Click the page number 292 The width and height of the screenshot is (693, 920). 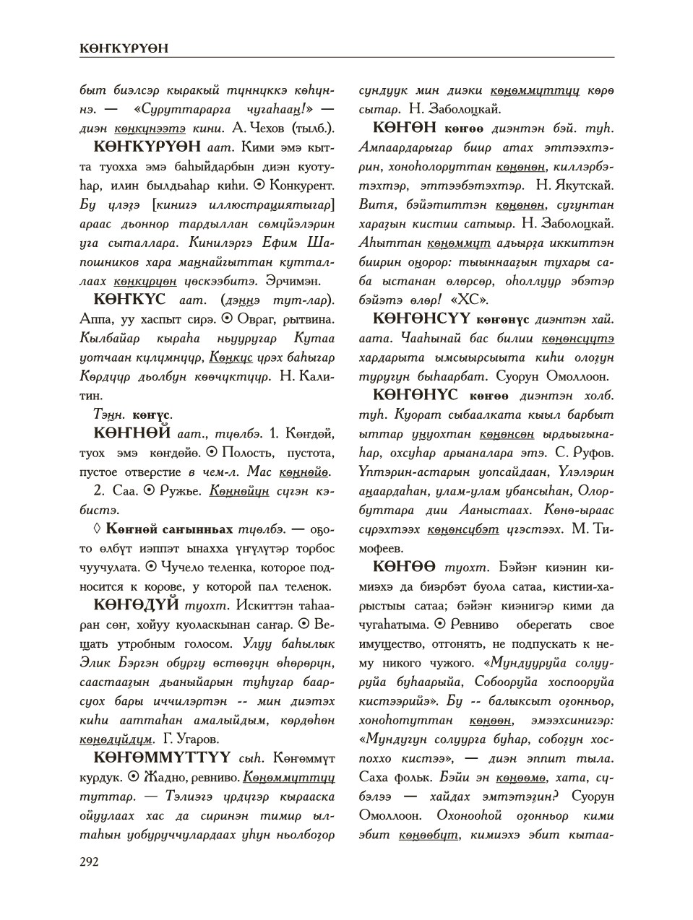(89, 861)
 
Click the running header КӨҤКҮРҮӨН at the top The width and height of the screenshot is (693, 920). (124, 48)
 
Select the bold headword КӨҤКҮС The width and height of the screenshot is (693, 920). (130, 298)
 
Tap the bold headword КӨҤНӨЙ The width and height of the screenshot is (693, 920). (132, 433)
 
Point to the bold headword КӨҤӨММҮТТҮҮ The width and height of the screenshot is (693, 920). (162, 757)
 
